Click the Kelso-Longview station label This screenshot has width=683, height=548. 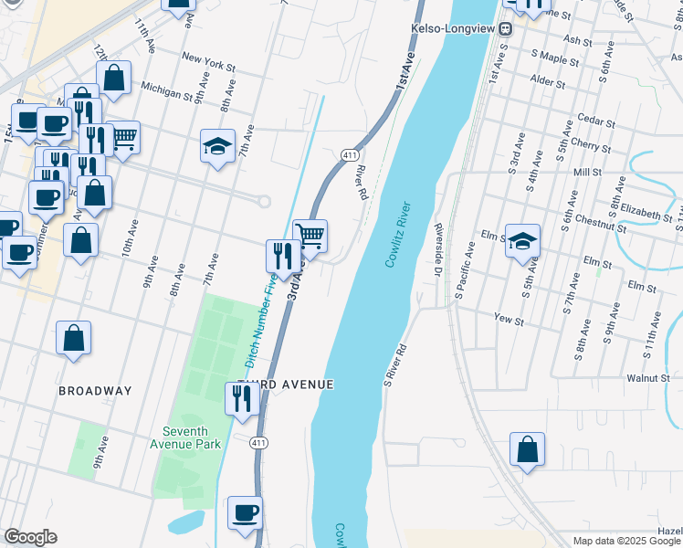click(x=454, y=28)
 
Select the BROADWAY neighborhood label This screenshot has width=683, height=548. click(x=95, y=391)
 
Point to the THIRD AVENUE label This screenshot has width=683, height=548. click(x=286, y=385)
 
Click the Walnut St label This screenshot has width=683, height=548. click(x=648, y=377)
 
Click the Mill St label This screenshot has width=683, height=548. click(x=586, y=172)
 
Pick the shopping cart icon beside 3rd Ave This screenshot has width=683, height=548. click(x=310, y=237)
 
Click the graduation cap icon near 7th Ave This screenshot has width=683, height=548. click(x=217, y=146)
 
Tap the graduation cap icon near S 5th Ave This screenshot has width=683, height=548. click(x=522, y=241)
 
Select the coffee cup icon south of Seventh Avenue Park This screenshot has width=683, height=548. click(x=244, y=513)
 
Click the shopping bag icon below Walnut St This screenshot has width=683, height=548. click(x=527, y=449)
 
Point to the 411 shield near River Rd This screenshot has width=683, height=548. click(x=349, y=154)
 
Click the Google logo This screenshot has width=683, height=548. click(x=30, y=537)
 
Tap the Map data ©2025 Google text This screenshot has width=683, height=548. click(x=625, y=541)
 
